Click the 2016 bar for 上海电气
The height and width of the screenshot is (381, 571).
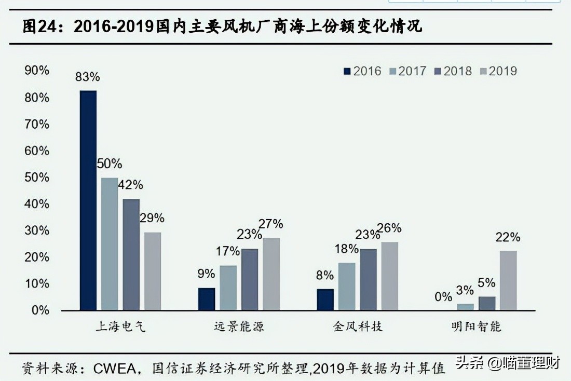click(88, 200)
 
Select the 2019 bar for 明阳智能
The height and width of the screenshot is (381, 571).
click(508, 280)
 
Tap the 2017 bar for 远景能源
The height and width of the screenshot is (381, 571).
click(227, 288)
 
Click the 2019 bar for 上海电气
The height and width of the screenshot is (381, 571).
click(153, 271)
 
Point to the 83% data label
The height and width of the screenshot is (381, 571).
click(87, 77)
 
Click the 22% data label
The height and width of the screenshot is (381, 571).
click(508, 237)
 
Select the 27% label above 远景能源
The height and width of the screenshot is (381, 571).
click(271, 224)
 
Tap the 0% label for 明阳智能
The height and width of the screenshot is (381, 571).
click(443, 297)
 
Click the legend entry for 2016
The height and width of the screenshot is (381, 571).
click(362, 71)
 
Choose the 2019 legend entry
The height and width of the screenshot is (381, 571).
click(498, 71)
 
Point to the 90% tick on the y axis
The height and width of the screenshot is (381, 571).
click(37, 71)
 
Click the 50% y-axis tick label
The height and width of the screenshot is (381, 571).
click(37, 178)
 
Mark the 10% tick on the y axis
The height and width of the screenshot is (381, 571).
click(37, 284)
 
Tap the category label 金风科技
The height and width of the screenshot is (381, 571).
click(358, 326)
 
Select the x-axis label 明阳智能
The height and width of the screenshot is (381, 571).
click(476, 326)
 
